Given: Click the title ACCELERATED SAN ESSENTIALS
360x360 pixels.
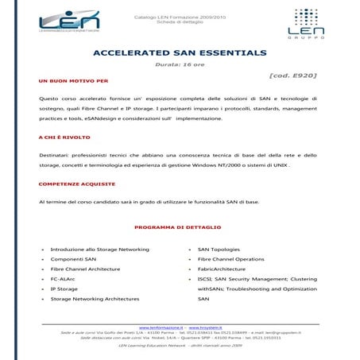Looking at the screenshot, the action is (180, 52).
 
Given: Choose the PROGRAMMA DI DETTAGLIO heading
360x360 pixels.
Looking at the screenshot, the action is (180, 227).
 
